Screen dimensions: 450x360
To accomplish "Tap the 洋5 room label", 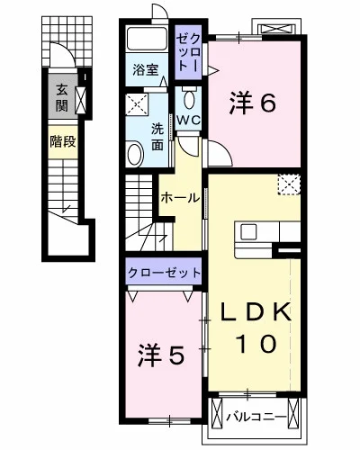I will tap(162, 355).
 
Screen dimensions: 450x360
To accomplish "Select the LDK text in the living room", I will tap(257, 312).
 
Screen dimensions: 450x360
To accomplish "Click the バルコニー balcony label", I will tap(256, 417).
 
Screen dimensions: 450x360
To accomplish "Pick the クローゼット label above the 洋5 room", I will tap(163, 272).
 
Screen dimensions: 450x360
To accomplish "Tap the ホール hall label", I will tap(180, 198).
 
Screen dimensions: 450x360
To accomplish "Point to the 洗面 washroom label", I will tap(158, 134).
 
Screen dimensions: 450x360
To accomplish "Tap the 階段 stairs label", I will tap(61, 141).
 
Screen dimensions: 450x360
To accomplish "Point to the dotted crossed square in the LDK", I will tap(289, 184).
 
